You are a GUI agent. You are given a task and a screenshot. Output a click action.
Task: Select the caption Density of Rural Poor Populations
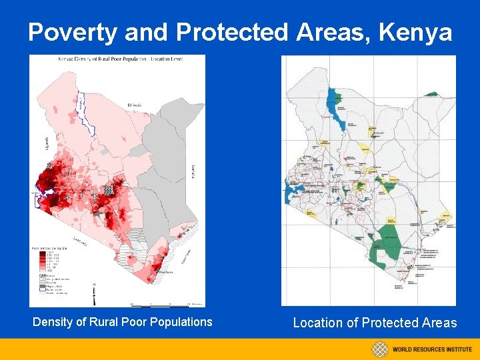coord(123,322)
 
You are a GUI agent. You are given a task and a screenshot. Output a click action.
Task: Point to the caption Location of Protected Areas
coord(375,323)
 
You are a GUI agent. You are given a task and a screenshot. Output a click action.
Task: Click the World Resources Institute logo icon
coord(380,349)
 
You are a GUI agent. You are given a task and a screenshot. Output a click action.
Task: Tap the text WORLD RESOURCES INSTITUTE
coord(432,349)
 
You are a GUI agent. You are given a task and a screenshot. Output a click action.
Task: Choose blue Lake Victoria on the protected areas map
coord(292,197)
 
